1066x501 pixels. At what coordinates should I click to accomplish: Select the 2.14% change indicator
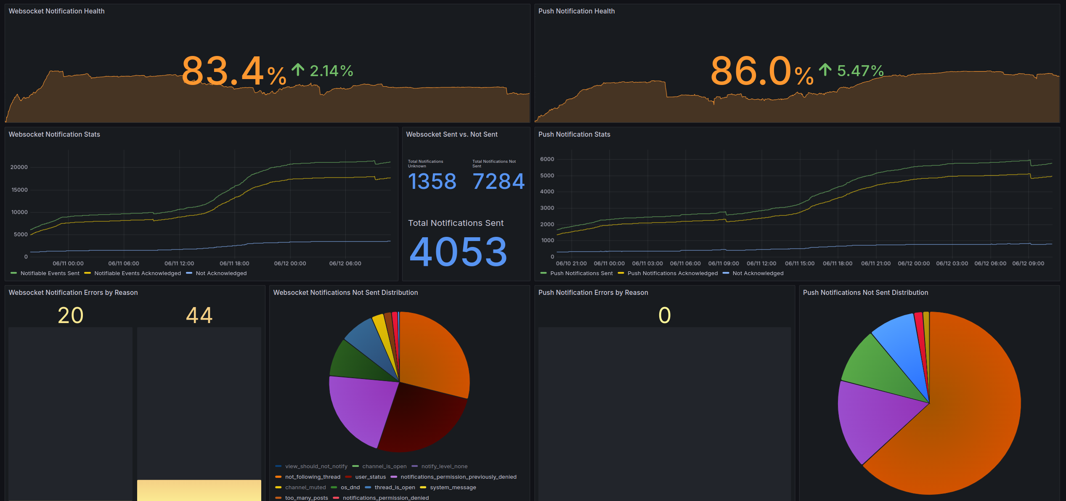tap(323, 71)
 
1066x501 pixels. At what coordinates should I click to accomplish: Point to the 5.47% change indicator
tap(851, 71)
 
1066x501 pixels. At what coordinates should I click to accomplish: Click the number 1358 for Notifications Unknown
tap(432, 182)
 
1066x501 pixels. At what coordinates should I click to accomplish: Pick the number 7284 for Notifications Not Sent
tap(499, 182)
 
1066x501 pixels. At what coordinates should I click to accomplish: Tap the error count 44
tap(199, 315)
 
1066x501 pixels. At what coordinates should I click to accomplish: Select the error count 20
tap(71, 315)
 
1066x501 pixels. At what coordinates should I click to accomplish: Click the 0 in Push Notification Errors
tap(665, 315)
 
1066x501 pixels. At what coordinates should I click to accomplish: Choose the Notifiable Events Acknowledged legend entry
tap(138, 273)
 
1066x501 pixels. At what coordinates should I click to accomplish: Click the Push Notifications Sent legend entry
tap(581, 273)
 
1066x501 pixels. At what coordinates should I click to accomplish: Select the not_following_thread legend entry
tap(313, 477)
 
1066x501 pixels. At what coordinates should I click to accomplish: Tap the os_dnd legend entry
tap(350, 488)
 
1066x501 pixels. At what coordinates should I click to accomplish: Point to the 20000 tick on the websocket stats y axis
tap(19, 167)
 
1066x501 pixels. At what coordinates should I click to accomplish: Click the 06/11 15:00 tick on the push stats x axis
tap(800, 264)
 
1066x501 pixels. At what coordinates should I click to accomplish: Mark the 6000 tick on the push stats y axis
tap(547, 159)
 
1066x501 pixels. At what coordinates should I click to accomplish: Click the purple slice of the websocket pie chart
tap(362, 408)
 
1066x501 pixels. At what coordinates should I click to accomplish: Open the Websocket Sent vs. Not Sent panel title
tap(452, 135)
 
